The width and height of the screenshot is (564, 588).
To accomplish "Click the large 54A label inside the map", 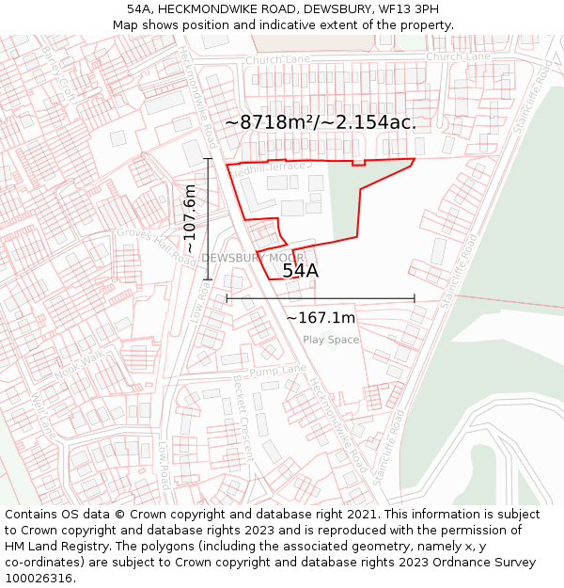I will coord(301,271).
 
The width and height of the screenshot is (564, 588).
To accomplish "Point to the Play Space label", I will coord(331,340).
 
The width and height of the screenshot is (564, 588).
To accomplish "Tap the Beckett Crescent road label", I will coord(243,420).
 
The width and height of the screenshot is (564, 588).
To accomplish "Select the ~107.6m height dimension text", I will coord(189,217).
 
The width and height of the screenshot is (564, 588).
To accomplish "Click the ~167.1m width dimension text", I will coord(321,318).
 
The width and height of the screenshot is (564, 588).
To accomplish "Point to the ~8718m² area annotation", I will coord(321,122).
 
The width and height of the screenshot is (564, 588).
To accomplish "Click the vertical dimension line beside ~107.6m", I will coord(208,218).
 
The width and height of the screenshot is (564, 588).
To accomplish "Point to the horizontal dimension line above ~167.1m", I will coord(321,299).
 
